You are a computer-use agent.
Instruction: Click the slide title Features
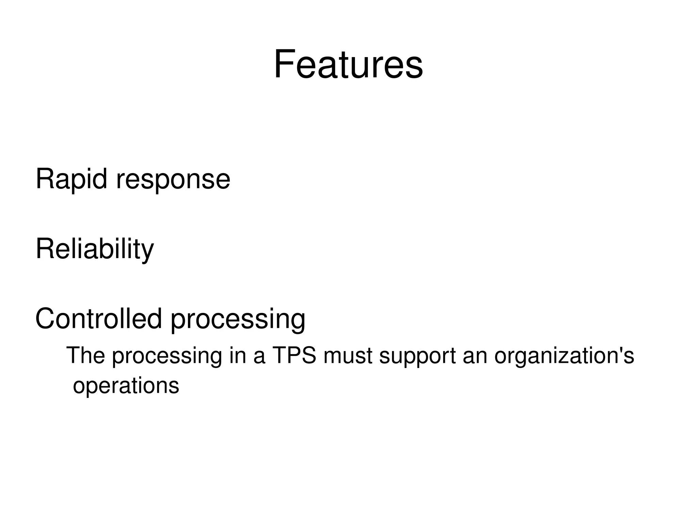[348, 64]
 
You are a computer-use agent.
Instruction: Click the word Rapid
[71, 179]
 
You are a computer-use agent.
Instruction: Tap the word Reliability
[95, 249]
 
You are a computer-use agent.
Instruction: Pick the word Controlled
[98, 319]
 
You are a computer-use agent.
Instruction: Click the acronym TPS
[294, 355]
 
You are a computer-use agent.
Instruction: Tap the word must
[347, 356]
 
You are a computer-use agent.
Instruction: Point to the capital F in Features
[284, 64]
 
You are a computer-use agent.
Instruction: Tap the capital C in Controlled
[46, 319]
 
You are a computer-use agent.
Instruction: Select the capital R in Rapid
[45, 179]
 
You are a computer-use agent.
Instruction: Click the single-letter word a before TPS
[259, 356]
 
